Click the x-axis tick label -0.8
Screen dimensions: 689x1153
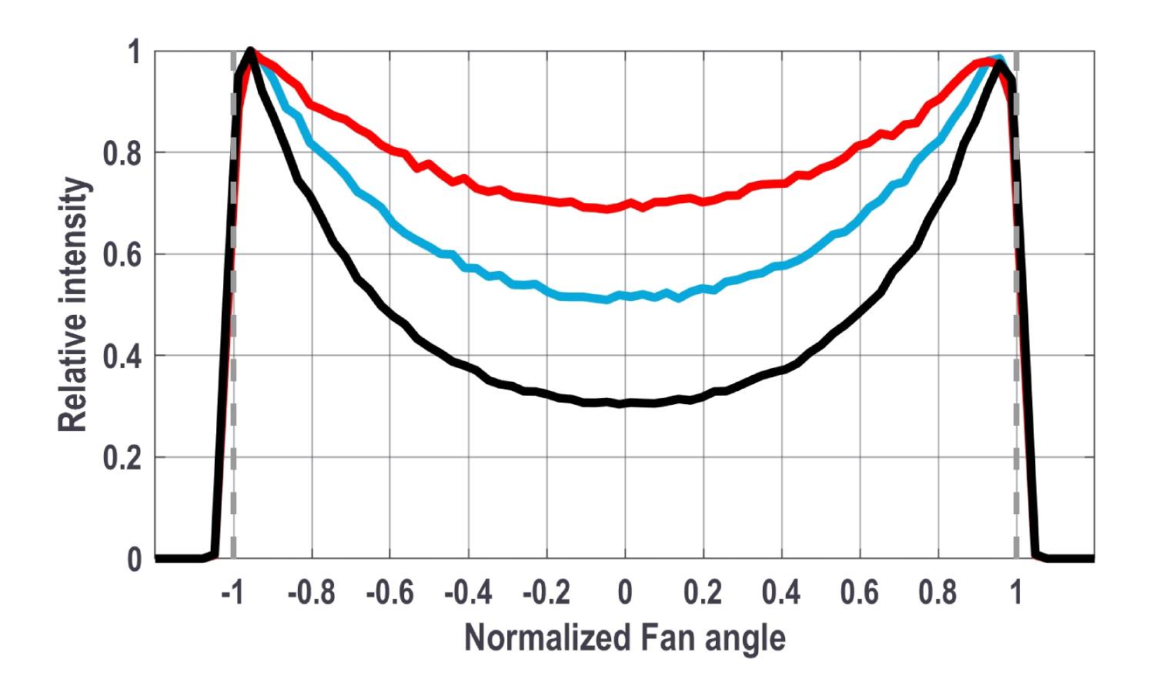311,592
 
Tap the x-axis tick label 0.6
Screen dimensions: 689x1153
860,592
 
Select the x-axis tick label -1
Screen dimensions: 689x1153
232,592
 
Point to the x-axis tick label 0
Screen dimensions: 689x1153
625,592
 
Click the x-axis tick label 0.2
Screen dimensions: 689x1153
703,592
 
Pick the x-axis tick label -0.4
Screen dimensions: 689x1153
468,592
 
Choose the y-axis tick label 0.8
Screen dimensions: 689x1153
122,153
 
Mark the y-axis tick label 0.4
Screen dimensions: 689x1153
122,356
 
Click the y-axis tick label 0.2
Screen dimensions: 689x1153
122,458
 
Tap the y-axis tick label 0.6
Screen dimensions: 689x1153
122,255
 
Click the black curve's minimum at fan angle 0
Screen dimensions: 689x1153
625,403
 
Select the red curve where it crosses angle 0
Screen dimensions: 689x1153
625,206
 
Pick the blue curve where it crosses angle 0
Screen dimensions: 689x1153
625,296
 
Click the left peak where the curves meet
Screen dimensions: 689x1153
250,52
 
